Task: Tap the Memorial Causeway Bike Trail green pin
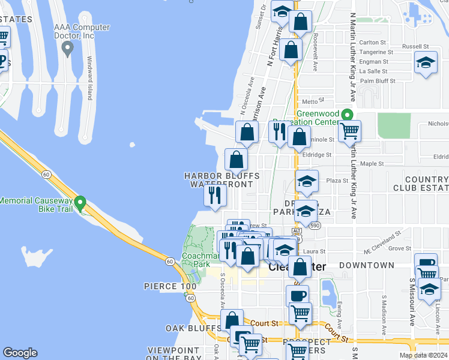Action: click(x=81, y=203)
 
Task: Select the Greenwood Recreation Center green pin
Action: click(x=346, y=115)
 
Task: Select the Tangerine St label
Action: click(x=376, y=52)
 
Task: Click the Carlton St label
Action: click(x=372, y=42)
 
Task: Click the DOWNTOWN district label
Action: click(x=366, y=265)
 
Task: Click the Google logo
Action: click(x=20, y=353)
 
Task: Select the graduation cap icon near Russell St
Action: click(x=426, y=63)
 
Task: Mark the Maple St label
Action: click(x=372, y=163)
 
